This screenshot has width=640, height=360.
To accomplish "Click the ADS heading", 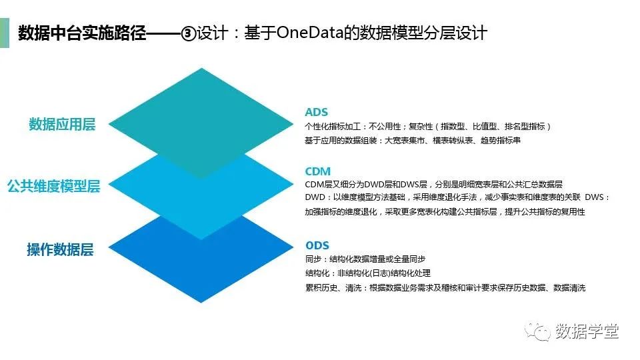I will [316, 112].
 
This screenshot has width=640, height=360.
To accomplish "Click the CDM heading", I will [317, 171].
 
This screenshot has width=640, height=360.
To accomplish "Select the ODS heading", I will [317, 245].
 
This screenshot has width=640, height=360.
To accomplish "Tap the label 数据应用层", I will [62, 125].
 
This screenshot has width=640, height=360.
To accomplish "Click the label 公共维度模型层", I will [53, 187].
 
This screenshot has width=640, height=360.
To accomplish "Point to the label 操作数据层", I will [60, 250].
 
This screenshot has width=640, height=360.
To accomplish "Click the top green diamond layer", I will [201, 110].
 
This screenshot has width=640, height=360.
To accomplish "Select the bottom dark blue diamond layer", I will [201, 267].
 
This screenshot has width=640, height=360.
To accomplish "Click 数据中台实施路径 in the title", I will [81, 33].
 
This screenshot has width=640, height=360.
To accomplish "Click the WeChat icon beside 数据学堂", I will [540, 331].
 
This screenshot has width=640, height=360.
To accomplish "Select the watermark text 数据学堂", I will [587, 331].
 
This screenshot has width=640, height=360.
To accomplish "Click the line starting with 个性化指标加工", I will [427, 126].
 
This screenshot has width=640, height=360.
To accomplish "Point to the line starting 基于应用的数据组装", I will [413, 141].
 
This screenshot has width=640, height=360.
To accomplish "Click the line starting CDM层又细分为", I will [433, 184].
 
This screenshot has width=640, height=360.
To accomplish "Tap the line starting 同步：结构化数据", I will [365, 259].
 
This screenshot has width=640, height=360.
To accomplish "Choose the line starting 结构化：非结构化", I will [367, 273].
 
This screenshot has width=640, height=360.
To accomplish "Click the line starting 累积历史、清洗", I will [445, 287].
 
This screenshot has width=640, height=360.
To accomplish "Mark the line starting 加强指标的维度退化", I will [445, 211].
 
